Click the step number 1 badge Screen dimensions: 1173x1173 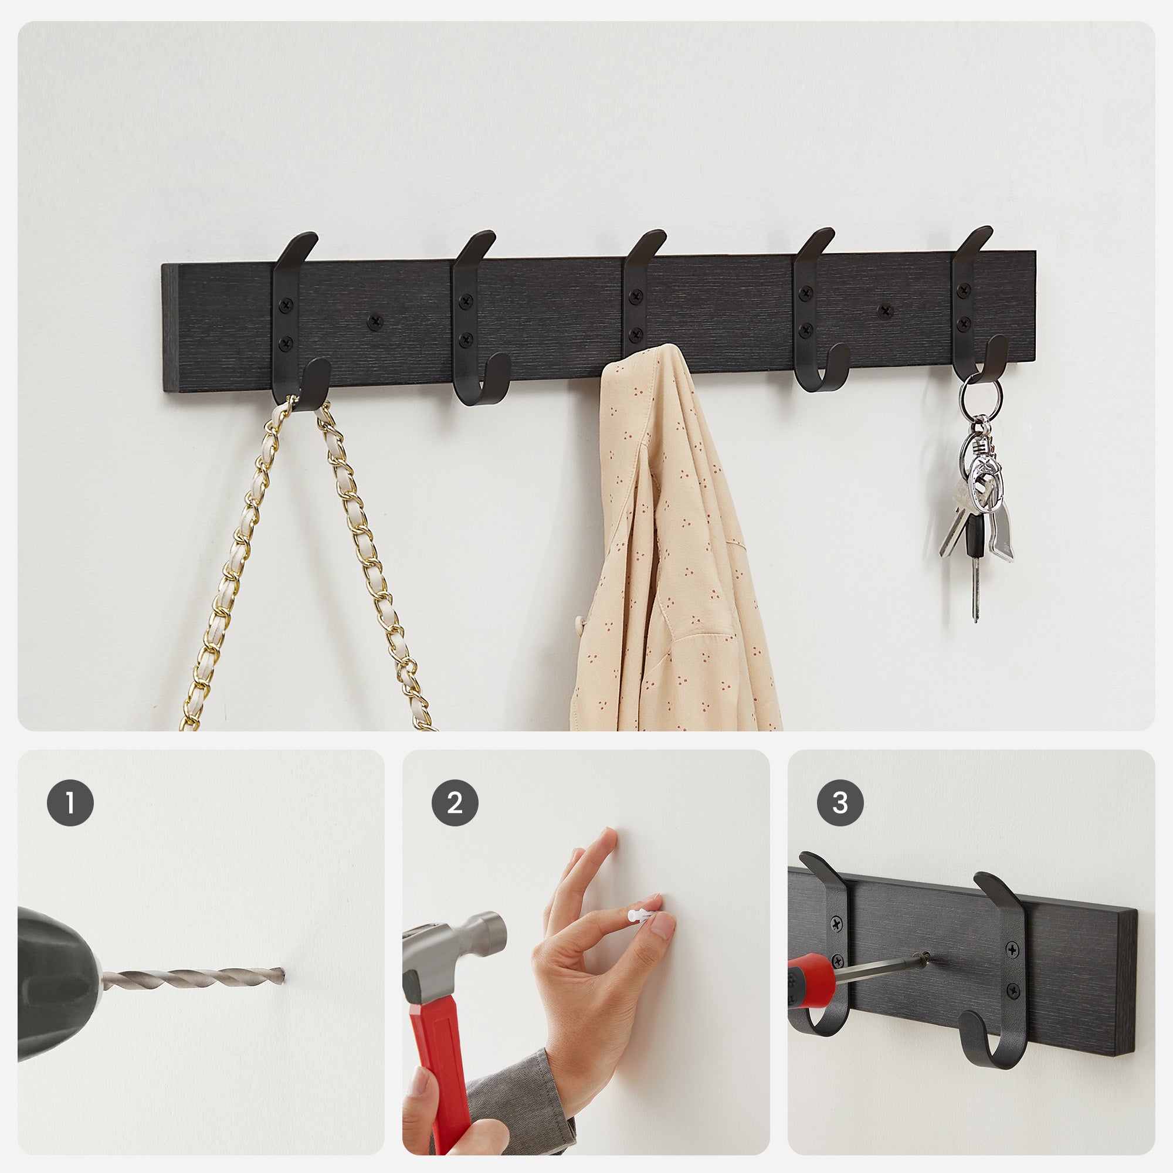[x=70, y=803]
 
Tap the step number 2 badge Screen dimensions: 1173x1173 [x=455, y=803]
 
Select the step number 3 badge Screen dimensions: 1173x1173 [x=840, y=803]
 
